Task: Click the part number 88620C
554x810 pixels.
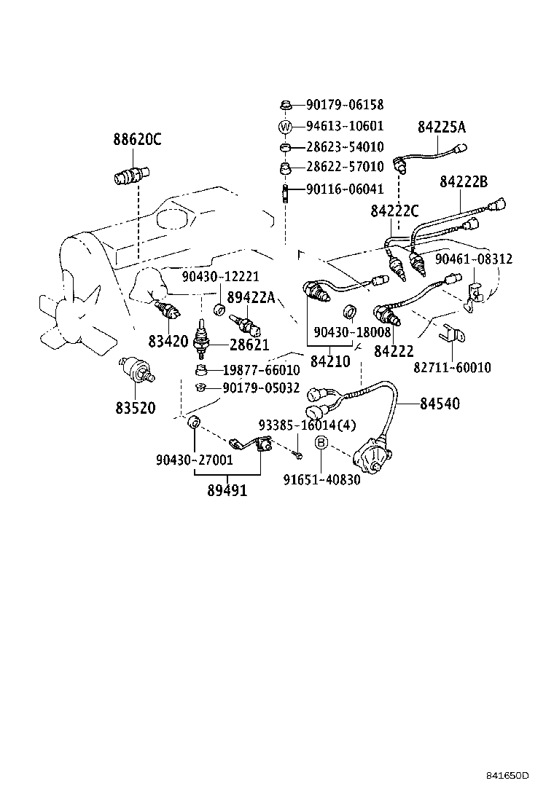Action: coord(137,139)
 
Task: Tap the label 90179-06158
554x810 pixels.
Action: coord(345,105)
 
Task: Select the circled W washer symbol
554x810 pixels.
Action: coord(285,126)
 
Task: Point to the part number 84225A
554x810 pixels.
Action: coord(442,127)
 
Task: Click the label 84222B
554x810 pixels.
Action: coord(464,182)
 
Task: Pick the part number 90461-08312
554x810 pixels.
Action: coord(474,259)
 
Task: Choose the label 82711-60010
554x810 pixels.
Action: coord(452,367)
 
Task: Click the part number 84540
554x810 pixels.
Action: coord(440,404)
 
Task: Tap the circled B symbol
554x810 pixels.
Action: coord(321,442)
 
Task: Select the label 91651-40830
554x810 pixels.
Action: coord(321,480)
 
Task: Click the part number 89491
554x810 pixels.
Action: coord(227,490)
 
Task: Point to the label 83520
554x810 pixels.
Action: coord(136,408)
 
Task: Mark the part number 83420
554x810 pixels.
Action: coord(168,341)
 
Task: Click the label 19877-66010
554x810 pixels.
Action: coord(261,370)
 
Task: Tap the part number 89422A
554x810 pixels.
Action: coord(251,297)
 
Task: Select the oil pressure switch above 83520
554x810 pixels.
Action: coord(136,370)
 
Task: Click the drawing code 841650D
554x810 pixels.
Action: coord(507,775)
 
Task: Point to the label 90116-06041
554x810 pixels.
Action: coord(345,189)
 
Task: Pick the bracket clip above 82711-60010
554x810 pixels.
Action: coord(451,333)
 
